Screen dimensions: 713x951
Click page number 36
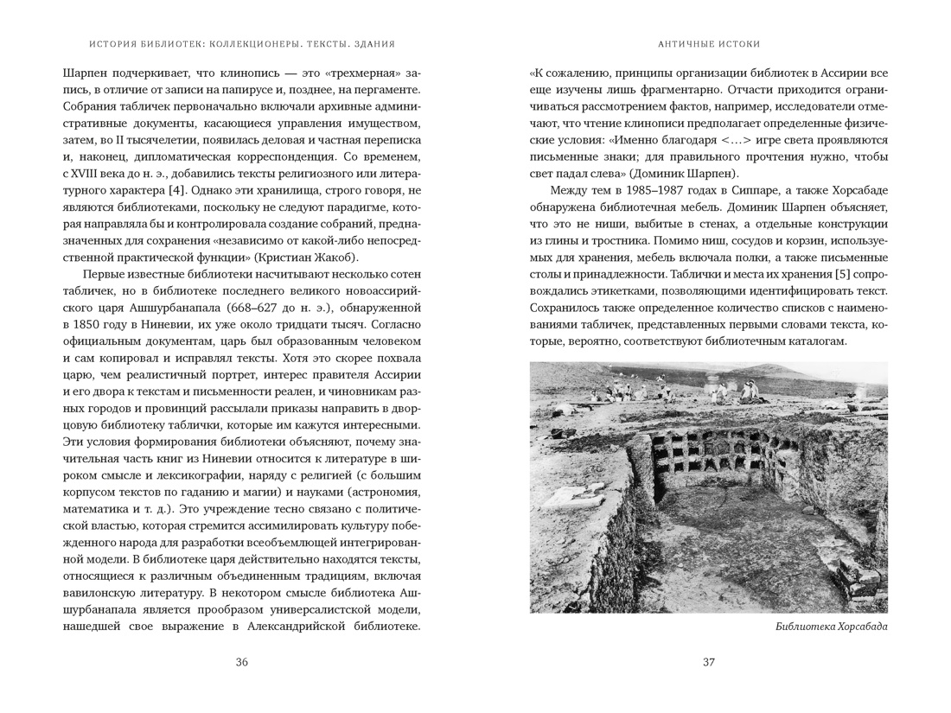click(x=241, y=663)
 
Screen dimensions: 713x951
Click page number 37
click(x=708, y=663)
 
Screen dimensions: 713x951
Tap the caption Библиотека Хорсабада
click(x=832, y=627)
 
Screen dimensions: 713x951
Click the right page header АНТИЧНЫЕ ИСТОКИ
click(x=708, y=44)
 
